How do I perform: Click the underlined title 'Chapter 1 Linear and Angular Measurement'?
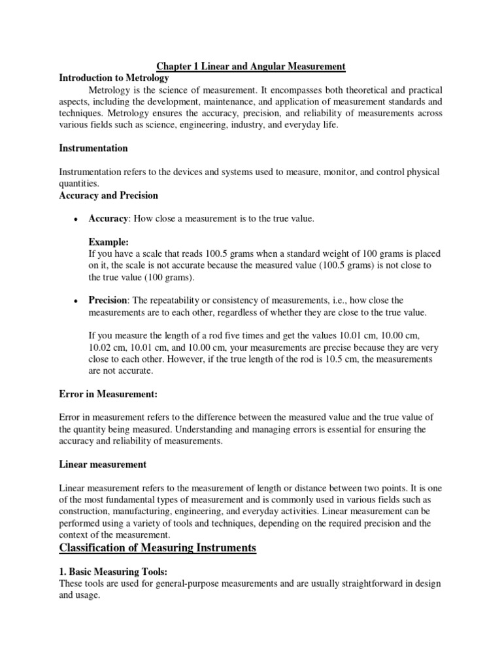click(250, 67)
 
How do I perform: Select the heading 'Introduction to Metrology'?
click(114, 78)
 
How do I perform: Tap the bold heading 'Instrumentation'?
click(93, 148)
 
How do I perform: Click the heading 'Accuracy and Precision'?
click(109, 195)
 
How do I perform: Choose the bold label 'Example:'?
click(109, 242)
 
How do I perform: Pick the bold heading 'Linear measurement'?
click(103, 465)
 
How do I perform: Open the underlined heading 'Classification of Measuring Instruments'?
click(158, 547)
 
